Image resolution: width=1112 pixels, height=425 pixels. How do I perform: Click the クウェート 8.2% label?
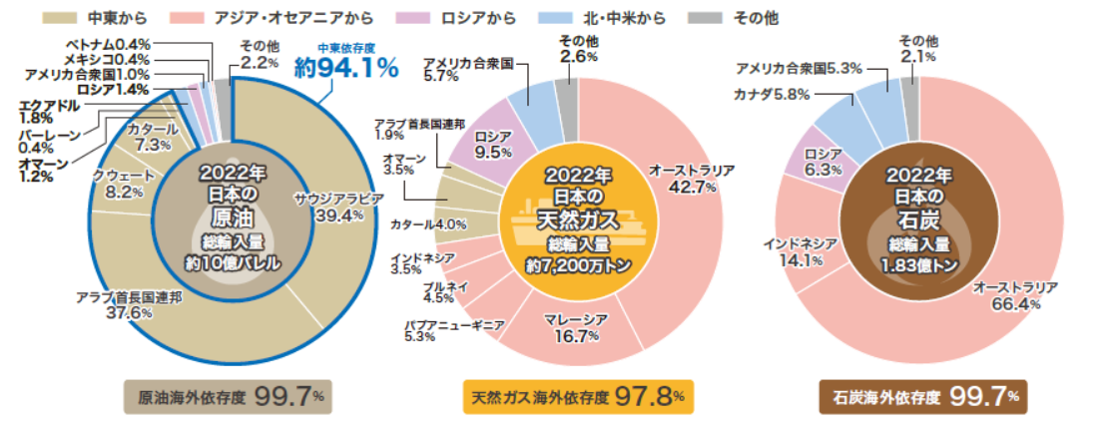(x=118, y=184)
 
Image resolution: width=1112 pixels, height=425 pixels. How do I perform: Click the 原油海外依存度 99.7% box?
(x=227, y=396)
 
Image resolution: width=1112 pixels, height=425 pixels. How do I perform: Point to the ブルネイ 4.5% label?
(x=439, y=291)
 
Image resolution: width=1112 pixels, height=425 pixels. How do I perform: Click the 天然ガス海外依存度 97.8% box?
(x=578, y=396)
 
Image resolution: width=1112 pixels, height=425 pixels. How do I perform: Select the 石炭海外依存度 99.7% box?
(x=922, y=396)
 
